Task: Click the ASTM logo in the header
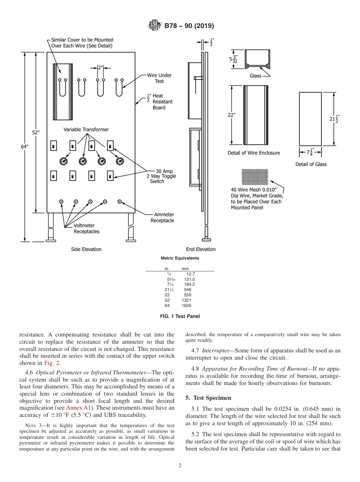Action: click(154, 26)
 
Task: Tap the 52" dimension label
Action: click(36, 132)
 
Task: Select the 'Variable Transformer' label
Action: click(86, 130)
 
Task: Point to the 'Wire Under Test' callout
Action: click(159, 78)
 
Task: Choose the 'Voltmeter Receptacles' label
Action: click(86, 228)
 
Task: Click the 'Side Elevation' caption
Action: click(86, 249)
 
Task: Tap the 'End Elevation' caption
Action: click(201, 249)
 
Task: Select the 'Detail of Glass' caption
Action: click(311, 164)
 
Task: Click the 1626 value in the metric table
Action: click(186, 305)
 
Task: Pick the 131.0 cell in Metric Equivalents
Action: click(187, 279)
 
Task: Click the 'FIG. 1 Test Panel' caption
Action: click(180, 316)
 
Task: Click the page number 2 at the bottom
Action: click(180, 466)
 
